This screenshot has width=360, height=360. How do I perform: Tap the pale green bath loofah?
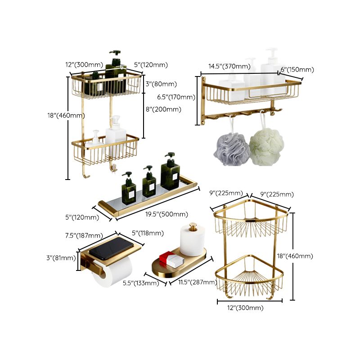coord(267,147)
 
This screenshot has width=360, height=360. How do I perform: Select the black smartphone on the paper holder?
coord(112,248)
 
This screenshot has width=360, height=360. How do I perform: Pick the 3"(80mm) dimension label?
coord(161,84)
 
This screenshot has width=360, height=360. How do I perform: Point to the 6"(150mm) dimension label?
coord(297,70)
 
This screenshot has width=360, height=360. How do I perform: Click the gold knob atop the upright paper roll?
coord(193,226)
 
